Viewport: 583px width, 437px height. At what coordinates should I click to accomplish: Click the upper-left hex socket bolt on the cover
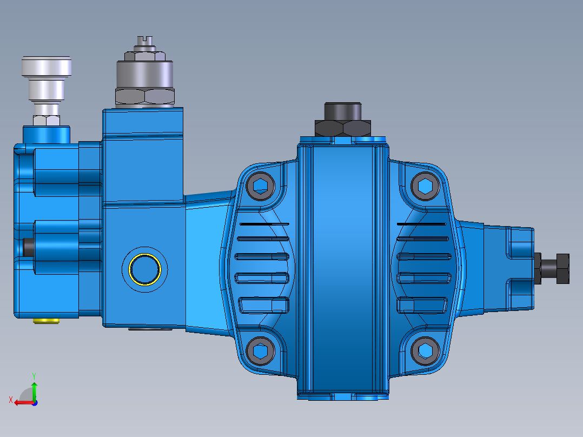pos(261,186)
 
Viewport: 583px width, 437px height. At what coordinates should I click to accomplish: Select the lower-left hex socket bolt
pos(261,352)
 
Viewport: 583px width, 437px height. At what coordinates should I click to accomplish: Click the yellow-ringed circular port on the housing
pos(144,268)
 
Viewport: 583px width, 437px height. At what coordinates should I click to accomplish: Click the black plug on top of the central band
pos(342,111)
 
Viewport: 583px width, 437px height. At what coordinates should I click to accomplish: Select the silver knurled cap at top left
pos(47,67)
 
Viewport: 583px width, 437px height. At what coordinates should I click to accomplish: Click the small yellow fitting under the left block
pos(46,321)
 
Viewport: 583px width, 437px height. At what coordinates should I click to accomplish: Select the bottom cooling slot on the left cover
pos(263,304)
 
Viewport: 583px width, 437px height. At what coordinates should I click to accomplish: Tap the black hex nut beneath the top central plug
pos(342,129)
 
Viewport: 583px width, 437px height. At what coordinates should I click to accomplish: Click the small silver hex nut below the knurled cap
pos(46,120)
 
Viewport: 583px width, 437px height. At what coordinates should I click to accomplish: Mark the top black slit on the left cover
pos(264,223)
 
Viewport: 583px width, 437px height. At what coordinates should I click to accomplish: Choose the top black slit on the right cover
pos(422,223)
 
